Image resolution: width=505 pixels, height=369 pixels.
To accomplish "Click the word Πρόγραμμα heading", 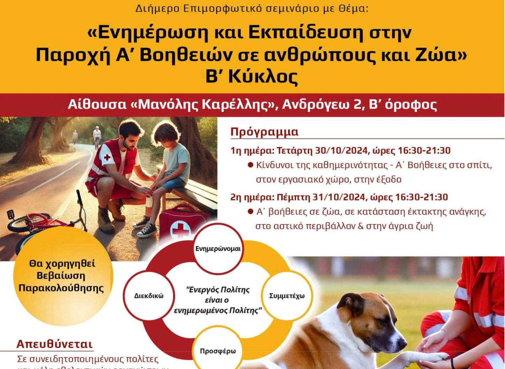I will (264, 132).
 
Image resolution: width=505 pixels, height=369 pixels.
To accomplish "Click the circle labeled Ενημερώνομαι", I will (218, 249).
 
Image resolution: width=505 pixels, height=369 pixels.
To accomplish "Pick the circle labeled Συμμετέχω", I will (287, 296).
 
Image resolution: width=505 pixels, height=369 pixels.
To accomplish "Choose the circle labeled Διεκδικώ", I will (149, 296).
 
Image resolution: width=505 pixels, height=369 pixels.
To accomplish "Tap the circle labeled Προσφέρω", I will (218, 351).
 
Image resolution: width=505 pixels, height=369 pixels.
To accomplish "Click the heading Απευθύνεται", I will (55, 344).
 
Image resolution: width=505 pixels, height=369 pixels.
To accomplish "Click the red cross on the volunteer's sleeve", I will (107, 157).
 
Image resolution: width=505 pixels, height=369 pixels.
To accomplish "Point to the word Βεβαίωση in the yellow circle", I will (61, 276).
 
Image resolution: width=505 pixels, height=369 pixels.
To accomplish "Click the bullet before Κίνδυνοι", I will (250, 165).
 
